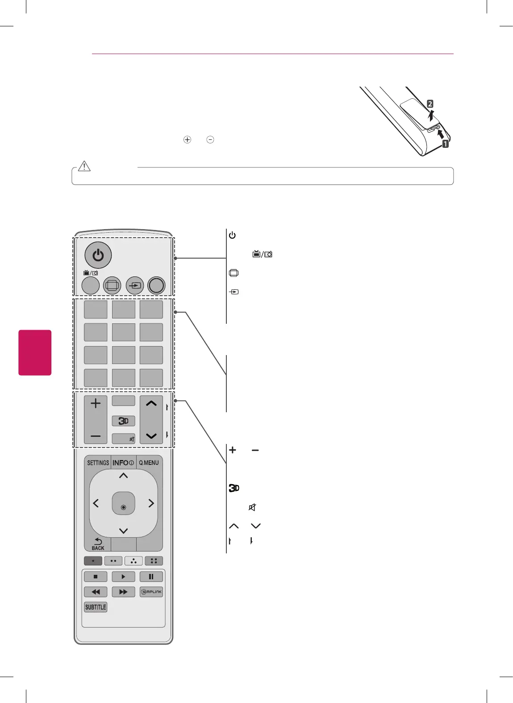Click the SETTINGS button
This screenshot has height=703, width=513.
tap(98, 463)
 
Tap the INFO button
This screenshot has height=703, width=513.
tap(123, 463)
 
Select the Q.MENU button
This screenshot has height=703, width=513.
tap(149, 463)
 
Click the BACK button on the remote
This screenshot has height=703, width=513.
tap(98, 544)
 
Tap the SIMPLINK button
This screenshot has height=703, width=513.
tap(151, 592)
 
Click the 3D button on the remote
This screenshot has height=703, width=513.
tap(123, 421)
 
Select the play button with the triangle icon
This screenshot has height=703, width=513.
tap(123, 577)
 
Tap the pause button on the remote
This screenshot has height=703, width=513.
tap(151, 577)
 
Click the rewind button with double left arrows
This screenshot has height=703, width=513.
tap(96, 592)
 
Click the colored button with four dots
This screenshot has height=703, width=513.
tap(154, 561)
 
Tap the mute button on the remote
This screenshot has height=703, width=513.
tap(124, 439)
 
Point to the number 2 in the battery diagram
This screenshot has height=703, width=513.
tap(430, 104)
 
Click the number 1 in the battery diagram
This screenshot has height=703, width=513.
tap(445, 144)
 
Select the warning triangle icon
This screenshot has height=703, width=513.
tap(84, 166)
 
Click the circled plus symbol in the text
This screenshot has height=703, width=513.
tap(187, 139)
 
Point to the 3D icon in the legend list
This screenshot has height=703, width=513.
tap(234, 488)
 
